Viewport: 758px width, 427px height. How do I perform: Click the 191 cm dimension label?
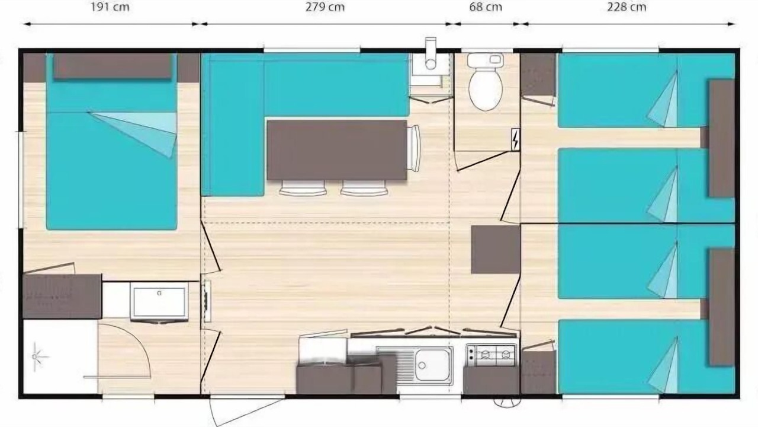click(110, 7)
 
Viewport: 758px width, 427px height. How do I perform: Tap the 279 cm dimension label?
click(325, 7)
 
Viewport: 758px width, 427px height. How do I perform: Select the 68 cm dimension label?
click(486, 7)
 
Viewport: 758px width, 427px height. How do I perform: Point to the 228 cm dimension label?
click(627, 7)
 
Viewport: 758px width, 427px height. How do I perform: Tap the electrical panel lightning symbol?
click(515, 139)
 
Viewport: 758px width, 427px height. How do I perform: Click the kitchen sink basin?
click(432, 365)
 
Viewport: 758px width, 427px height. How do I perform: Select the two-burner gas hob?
click(492, 355)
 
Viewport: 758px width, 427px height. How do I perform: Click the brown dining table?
click(337, 150)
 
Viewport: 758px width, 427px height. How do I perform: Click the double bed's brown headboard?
click(113, 66)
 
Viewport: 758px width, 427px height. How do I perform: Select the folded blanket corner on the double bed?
click(139, 130)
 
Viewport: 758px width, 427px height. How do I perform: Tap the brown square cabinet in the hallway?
click(496, 250)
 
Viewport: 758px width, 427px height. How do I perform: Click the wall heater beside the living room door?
click(206, 301)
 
